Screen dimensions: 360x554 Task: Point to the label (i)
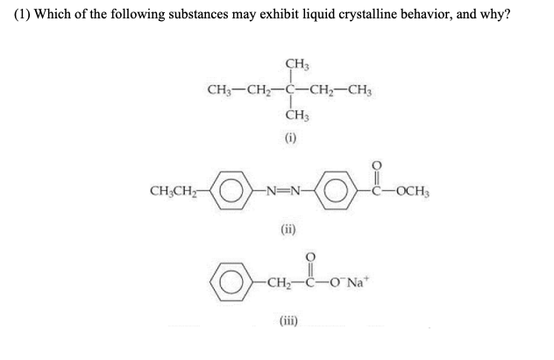coord(290,138)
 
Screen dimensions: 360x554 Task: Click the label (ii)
coord(290,232)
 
